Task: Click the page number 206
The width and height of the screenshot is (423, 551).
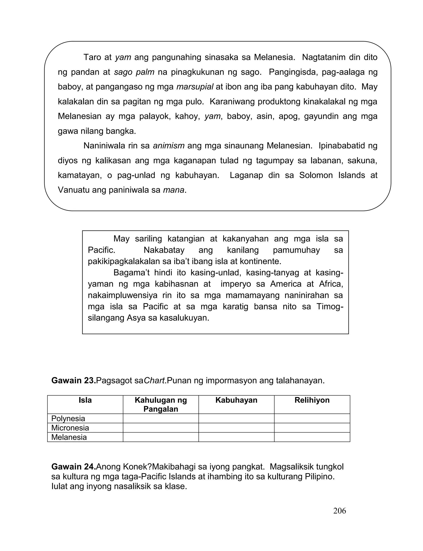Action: pyautogui.click(x=339, y=511)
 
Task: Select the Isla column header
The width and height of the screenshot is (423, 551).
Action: pyautogui.click(x=85, y=400)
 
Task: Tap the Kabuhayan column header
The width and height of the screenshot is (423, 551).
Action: pyautogui.click(x=236, y=400)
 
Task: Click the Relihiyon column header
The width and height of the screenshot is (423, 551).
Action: pyautogui.click(x=312, y=400)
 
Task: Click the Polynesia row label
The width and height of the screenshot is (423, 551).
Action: pyautogui.click(x=68, y=419)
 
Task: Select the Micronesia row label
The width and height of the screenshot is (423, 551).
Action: pyautogui.click(x=70, y=428)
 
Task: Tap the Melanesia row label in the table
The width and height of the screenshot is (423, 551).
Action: pyautogui.click(x=69, y=437)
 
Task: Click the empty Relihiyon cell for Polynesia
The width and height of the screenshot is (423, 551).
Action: pyautogui.click(x=312, y=419)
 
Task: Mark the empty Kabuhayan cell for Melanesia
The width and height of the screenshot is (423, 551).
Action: pyautogui.click(x=236, y=437)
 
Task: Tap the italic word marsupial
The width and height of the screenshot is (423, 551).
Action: pyautogui.click(x=195, y=87)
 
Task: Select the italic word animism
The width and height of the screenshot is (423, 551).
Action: pyautogui.click(x=169, y=146)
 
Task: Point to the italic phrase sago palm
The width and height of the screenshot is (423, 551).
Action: pyautogui.click(x=134, y=72)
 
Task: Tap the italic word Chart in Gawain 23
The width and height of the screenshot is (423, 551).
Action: pyautogui.click(x=154, y=381)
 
